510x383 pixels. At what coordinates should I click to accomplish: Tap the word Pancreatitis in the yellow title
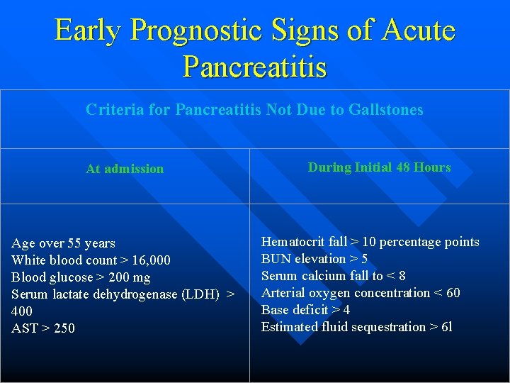click(255, 67)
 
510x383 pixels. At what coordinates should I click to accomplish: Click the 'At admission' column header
click(125, 169)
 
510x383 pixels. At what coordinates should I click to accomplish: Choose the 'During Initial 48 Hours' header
click(379, 167)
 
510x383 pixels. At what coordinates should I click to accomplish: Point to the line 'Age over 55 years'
click(63, 243)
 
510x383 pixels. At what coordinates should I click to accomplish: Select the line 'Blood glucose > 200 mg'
click(81, 277)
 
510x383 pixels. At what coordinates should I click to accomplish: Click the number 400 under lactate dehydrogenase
click(22, 311)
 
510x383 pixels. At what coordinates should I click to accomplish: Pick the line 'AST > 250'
click(43, 328)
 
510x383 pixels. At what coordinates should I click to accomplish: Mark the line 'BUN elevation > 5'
click(314, 259)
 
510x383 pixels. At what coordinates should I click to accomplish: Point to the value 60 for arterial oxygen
click(452, 293)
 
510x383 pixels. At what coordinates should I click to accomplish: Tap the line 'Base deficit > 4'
click(305, 310)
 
